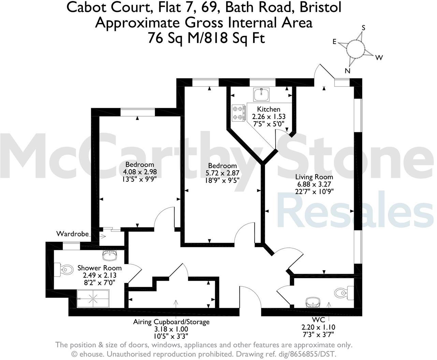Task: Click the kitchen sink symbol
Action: click(x=261, y=93)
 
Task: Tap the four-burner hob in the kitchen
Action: click(x=239, y=113)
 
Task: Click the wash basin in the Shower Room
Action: click(x=110, y=254)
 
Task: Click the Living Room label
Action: click(x=314, y=177)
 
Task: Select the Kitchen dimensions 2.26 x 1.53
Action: click(x=268, y=117)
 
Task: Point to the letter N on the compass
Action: click(x=348, y=71)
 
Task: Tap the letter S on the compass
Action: click(x=363, y=28)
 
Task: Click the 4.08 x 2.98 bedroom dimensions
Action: click(x=140, y=172)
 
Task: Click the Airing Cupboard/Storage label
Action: click(x=171, y=322)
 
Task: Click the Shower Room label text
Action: click(x=99, y=268)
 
